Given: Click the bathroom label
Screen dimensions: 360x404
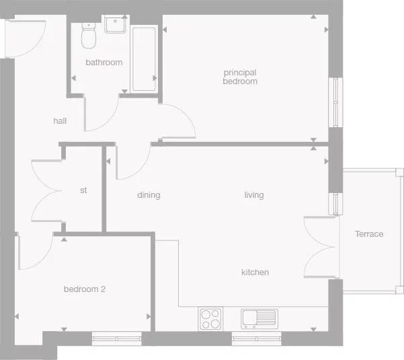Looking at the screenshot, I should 104,63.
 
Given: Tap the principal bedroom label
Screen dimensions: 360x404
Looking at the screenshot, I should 240,77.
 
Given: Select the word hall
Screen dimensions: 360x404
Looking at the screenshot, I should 60,121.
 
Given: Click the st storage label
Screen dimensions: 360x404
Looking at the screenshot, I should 83,190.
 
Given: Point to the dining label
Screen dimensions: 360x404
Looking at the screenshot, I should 149,195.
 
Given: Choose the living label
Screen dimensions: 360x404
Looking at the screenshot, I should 254,195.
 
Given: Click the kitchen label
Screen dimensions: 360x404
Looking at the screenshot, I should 255,273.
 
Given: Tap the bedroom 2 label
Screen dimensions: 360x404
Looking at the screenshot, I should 85,289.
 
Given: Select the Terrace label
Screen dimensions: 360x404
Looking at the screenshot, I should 369,234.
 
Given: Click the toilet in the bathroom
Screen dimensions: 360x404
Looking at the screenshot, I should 88,37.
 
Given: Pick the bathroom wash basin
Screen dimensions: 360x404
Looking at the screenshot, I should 115,25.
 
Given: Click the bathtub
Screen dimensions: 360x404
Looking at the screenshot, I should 144,59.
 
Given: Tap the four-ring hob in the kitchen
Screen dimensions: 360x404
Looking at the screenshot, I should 211,318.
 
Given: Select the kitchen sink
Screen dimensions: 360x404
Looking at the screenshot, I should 259,318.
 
